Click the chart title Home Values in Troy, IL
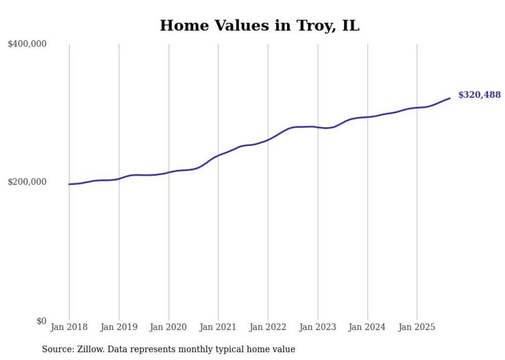click(x=259, y=25)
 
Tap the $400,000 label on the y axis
click(x=27, y=44)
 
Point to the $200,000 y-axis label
click(x=27, y=182)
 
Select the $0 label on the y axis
click(x=41, y=321)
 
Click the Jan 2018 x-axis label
click(x=69, y=327)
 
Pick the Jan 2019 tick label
click(x=119, y=327)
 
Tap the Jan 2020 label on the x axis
click(x=169, y=327)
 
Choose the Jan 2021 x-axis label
click(x=218, y=327)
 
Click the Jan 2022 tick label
click(x=268, y=327)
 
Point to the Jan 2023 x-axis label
click(x=317, y=327)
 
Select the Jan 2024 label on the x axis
click(x=367, y=327)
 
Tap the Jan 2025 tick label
click(x=417, y=327)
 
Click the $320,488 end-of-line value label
click(x=479, y=95)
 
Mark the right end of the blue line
click(x=450, y=98)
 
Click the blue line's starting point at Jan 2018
click(x=69, y=184)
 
